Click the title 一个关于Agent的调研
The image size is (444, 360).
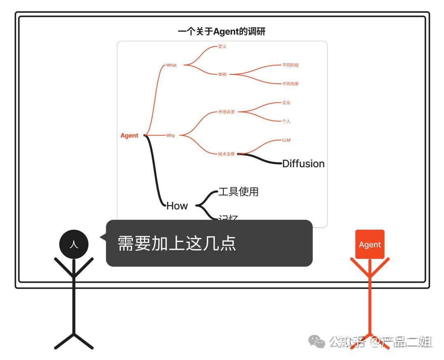(222, 32)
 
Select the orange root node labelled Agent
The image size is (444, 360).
(129, 136)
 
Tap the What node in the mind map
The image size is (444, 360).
(171, 65)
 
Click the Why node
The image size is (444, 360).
(171, 135)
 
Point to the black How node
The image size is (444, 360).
(177, 206)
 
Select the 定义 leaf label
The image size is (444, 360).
(222, 46)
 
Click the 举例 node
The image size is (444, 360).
(222, 74)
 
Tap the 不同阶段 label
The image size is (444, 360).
(290, 65)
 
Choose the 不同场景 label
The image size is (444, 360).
(290, 84)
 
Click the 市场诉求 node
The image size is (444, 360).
(227, 112)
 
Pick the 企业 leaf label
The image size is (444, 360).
(286, 102)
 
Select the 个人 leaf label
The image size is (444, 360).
(286, 121)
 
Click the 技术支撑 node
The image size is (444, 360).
(227, 154)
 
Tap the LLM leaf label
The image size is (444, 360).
(286, 140)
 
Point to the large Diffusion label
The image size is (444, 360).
(303, 164)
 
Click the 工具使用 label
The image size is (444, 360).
(238, 192)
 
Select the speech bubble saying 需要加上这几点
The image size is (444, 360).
(209, 243)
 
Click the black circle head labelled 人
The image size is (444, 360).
(74, 245)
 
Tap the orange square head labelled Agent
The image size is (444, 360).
(370, 245)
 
